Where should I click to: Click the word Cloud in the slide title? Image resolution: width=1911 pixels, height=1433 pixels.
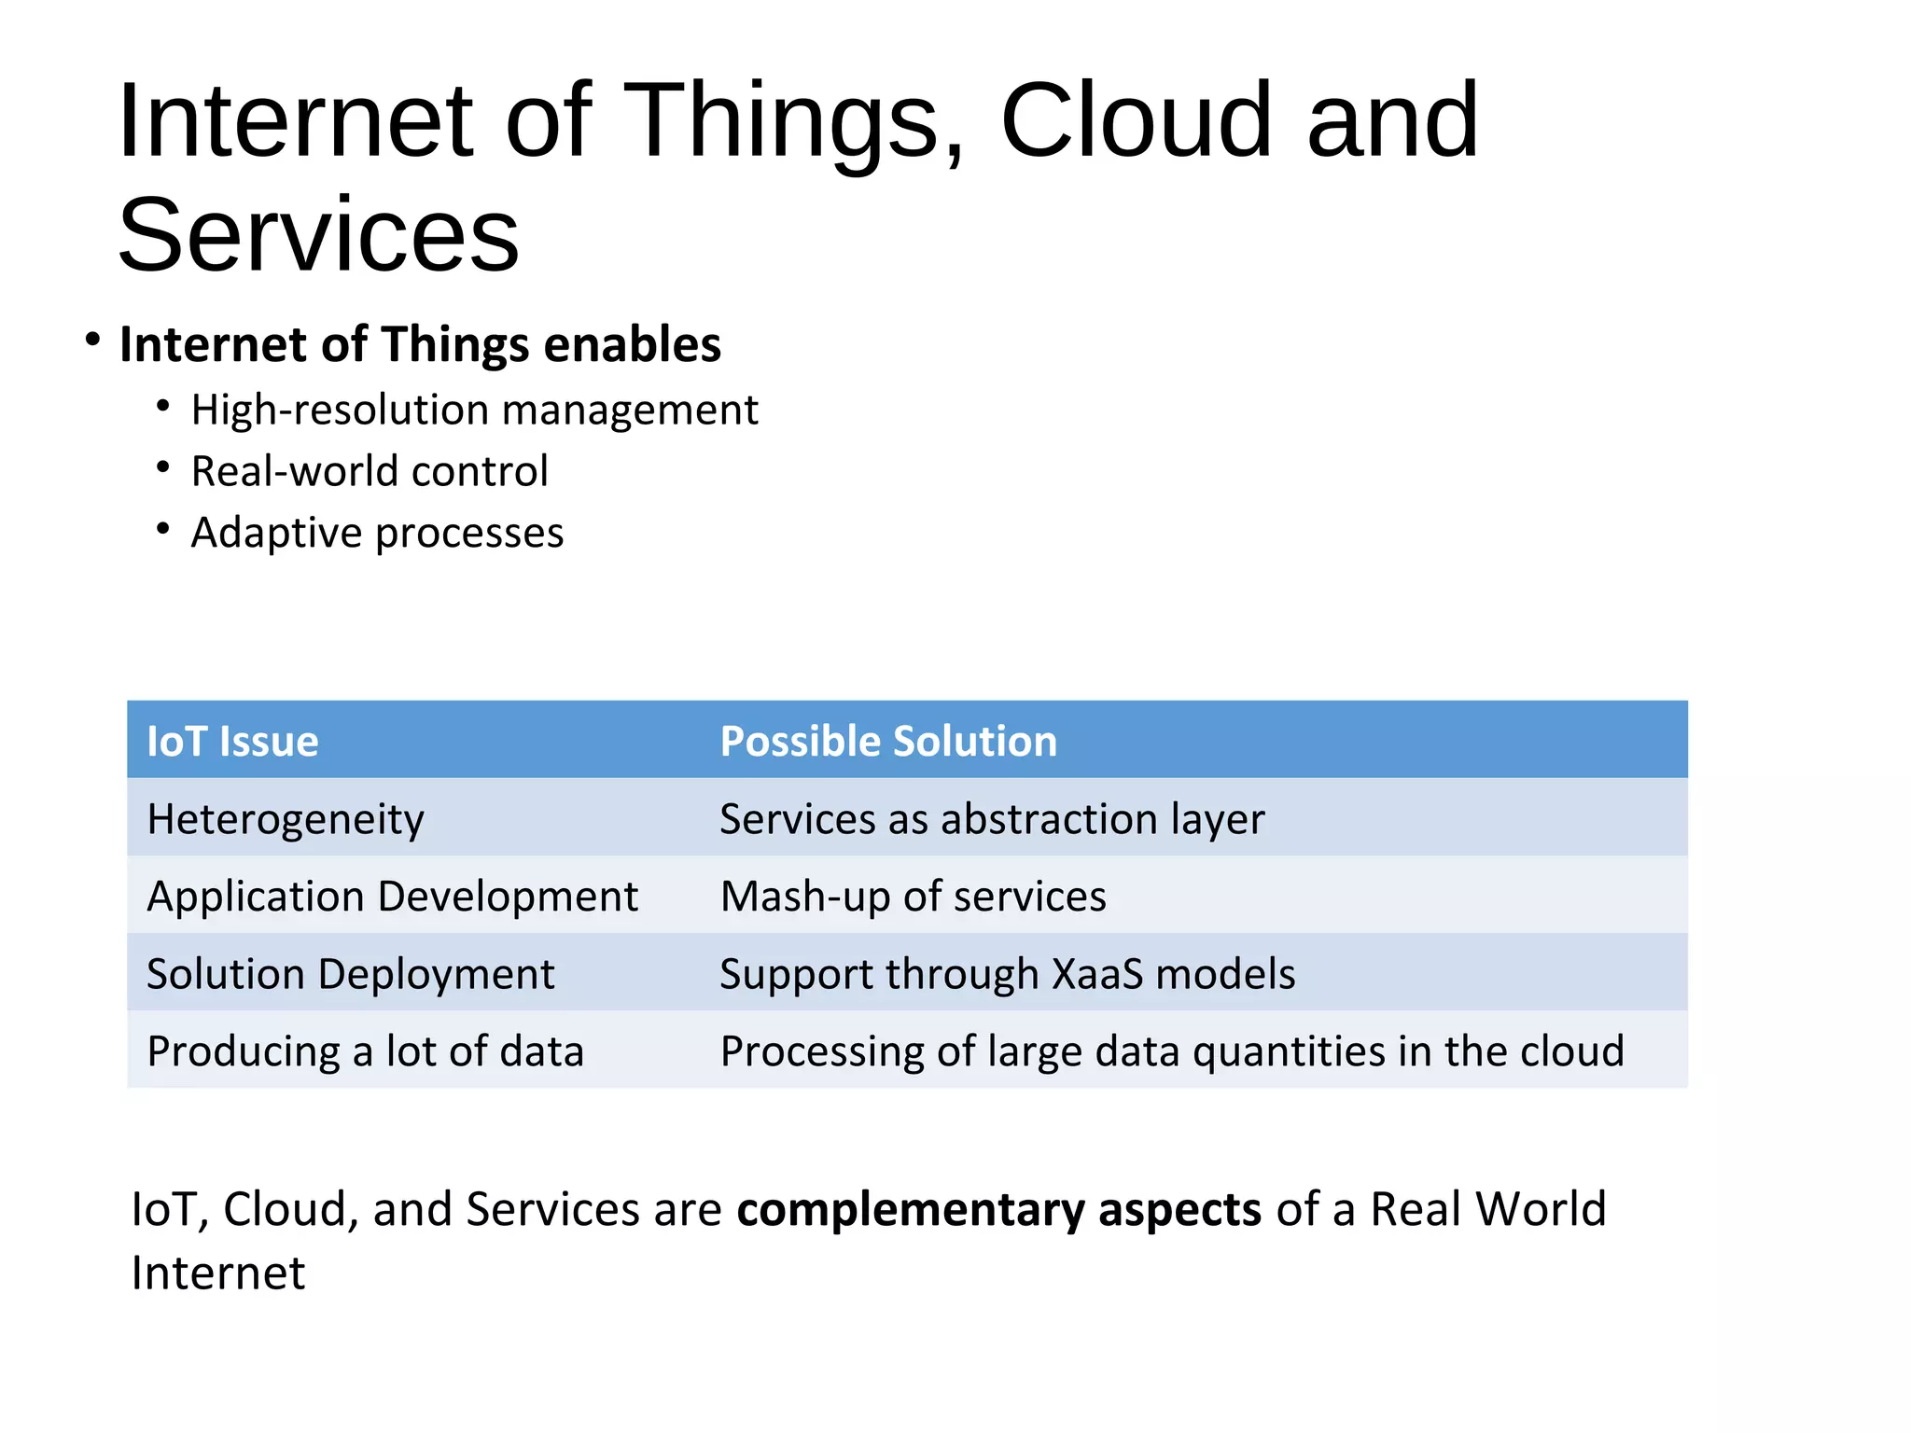[x=1135, y=121]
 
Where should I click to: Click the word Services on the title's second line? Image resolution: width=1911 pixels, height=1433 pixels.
[x=318, y=235]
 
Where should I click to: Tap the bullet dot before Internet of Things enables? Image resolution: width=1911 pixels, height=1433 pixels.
[x=91, y=341]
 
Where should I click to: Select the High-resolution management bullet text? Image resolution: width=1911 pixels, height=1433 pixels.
[x=474, y=410]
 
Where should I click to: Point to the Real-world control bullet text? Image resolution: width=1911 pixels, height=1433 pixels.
[x=370, y=472]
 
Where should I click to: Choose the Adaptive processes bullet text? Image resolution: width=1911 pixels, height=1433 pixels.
[x=377, y=534]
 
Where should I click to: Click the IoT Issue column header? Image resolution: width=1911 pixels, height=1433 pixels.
[x=232, y=742]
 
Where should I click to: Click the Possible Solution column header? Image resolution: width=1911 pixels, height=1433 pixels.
[x=888, y=742]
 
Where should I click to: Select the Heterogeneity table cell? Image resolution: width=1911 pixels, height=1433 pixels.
[x=286, y=820]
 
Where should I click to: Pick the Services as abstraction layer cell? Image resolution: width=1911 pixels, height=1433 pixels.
[x=992, y=820]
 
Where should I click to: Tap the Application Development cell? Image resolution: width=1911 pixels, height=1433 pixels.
[x=392, y=897]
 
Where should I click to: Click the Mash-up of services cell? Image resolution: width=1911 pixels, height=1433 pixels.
[x=913, y=897]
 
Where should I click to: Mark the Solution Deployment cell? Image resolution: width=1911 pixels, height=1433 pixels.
[x=350, y=975]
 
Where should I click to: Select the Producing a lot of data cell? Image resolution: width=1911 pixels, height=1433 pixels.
[x=365, y=1052]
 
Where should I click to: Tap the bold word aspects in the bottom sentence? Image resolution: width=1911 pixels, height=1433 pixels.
[x=1179, y=1211]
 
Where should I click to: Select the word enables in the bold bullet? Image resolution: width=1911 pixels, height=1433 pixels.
[x=632, y=345]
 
